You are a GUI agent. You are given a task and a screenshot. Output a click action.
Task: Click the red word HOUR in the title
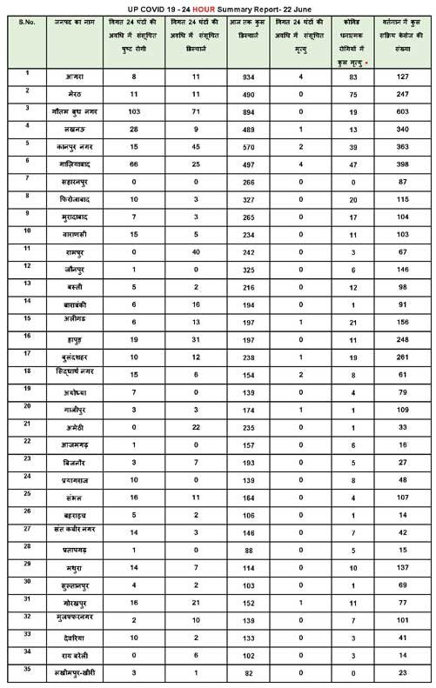coord(187,7)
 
